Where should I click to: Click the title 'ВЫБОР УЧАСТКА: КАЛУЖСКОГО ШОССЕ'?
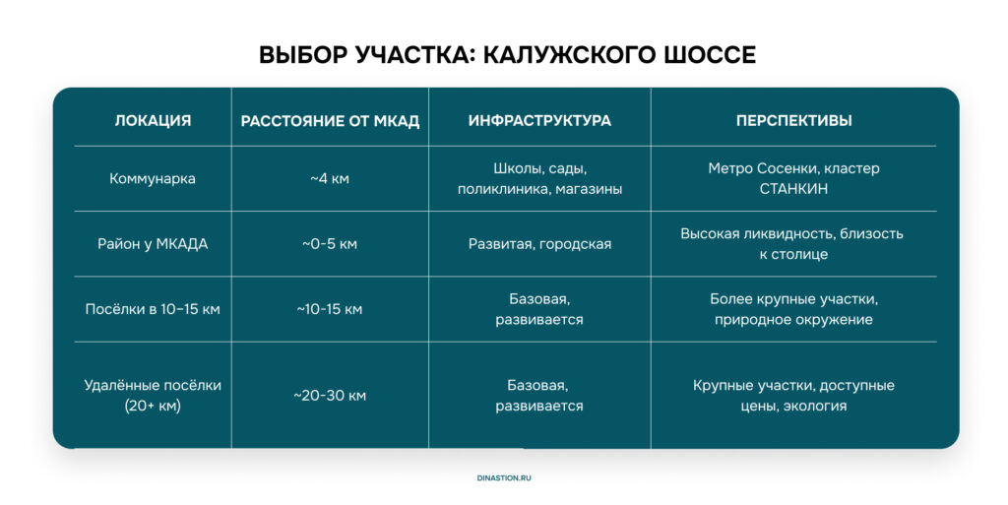[x=507, y=54]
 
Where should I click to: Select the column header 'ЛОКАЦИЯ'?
[x=153, y=121]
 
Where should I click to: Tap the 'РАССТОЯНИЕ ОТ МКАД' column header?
[x=330, y=121]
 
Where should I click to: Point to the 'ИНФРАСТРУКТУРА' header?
[x=539, y=121]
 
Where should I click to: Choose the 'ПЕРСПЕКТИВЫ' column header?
[x=794, y=121]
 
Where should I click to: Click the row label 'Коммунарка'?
[x=153, y=178]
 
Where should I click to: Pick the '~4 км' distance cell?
[x=330, y=178]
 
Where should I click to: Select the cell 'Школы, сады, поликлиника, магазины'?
[x=540, y=178]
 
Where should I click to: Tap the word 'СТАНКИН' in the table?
[x=794, y=189]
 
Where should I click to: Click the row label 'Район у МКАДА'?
[x=153, y=244]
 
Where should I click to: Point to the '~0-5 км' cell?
[x=330, y=244]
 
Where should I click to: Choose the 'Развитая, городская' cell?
[x=540, y=244]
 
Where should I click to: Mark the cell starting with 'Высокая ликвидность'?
[x=792, y=243]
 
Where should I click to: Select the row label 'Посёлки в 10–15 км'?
[x=153, y=309]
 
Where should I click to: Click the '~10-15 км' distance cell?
[x=330, y=309]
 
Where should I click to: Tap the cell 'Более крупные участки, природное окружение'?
[x=794, y=309]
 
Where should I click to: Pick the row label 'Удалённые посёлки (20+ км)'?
[x=153, y=395]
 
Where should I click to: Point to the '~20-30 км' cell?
[x=330, y=396]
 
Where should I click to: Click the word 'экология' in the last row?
[x=820, y=406]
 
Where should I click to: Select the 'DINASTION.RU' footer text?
[x=504, y=478]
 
